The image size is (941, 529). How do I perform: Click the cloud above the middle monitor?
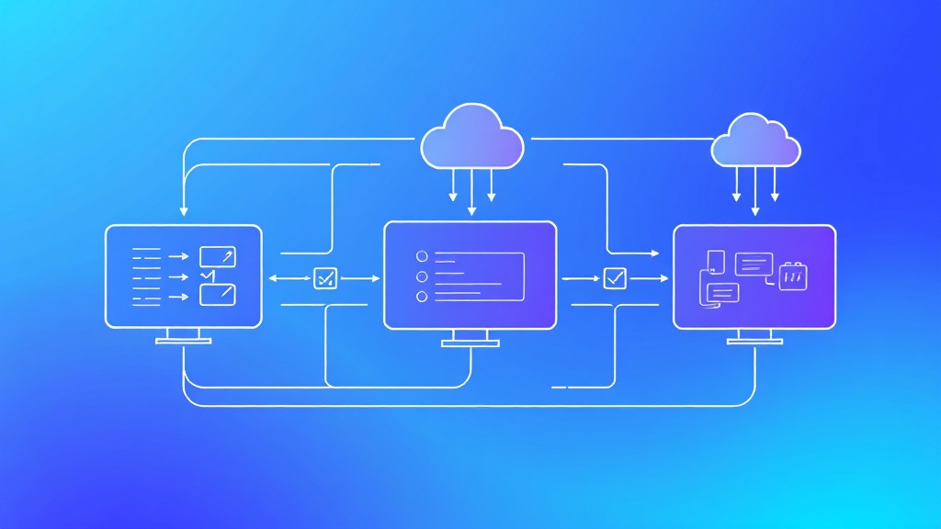coord(471,138)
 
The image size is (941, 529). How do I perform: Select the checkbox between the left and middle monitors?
coord(325,277)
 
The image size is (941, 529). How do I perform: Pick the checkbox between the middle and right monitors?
coord(615,277)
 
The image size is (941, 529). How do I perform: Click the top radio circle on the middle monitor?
coord(423,256)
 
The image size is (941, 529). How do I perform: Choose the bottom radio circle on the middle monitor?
coord(423,297)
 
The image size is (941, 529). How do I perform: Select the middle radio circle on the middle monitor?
coord(423,276)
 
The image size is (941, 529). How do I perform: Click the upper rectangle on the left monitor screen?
coord(218,257)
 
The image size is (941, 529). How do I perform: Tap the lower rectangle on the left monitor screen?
coord(218,295)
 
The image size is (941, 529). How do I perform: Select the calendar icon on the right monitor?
coord(792,276)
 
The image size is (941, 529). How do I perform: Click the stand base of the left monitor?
coord(184,341)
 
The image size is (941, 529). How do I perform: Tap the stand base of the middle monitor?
coord(470,344)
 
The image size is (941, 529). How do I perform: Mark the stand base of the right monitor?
coord(754,341)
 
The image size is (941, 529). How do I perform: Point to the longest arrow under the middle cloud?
coord(471,192)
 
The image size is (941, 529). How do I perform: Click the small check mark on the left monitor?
coord(207,276)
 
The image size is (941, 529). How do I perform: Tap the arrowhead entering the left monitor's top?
coord(184,212)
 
